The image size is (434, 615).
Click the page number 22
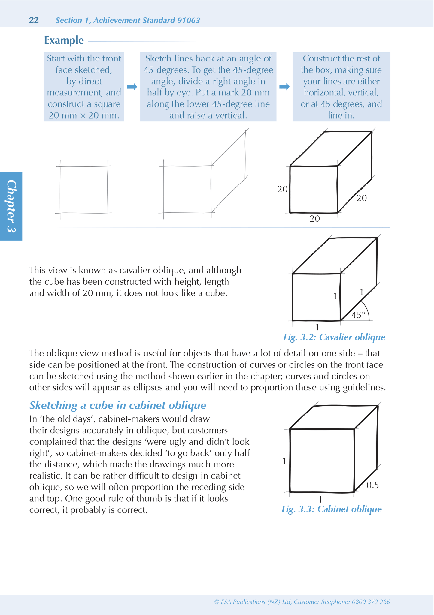(x=34, y=20)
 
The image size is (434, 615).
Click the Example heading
(x=64, y=40)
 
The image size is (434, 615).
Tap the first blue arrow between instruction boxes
(x=132, y=87)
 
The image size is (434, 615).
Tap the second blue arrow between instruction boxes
(x=284, y=87)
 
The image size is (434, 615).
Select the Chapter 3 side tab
(x=11, y=206)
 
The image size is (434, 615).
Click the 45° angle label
(x=358, y=315)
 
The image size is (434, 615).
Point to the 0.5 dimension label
(x=372, y=485)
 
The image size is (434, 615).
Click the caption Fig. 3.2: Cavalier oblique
(x=334, y=337)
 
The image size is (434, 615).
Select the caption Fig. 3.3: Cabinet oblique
(x=332, y=509)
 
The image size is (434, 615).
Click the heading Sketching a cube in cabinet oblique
(x=117, y=405)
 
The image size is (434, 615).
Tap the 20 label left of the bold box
(x=282, y=189)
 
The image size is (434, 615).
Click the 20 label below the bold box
(x=314, y=219)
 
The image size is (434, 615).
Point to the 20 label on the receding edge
(x=362, y=198)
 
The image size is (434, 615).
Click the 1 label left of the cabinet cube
(x=284, y=461)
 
